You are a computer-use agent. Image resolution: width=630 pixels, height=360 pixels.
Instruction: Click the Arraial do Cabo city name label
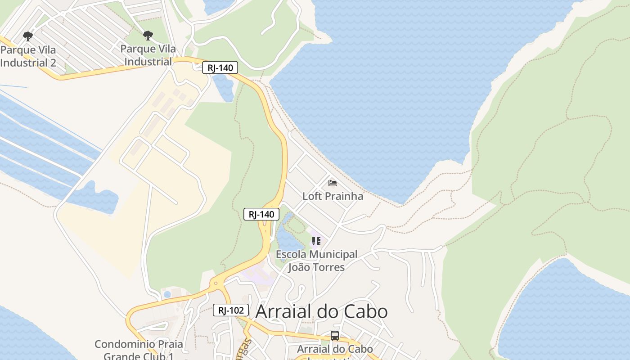(321, 311)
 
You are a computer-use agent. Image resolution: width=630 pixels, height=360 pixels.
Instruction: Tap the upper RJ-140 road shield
(220, 68)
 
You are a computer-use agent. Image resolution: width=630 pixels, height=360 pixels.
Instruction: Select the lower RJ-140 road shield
(261, 214)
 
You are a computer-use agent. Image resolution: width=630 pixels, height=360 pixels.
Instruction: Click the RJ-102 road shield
(231, 310)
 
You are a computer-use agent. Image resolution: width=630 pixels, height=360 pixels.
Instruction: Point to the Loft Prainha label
(333, 196)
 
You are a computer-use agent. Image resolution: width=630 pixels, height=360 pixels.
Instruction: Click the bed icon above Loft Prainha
(333, 183)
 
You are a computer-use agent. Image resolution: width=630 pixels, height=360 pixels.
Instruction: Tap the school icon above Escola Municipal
(316, 241)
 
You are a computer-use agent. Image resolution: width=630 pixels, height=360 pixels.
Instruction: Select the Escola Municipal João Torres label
(316, 261)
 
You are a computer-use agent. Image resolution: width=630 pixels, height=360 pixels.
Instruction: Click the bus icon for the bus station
(334, 336)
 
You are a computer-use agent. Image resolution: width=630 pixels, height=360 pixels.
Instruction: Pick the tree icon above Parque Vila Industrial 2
(28, 36)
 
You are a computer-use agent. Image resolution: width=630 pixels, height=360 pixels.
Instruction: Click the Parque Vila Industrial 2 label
(28, 56)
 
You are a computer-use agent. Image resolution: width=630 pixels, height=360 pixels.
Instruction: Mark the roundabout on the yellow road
(216, 284)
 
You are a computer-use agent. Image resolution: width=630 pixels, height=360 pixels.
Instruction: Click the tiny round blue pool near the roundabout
(167, 294)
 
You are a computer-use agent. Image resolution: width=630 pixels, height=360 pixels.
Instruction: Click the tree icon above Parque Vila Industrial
(148, 36)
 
